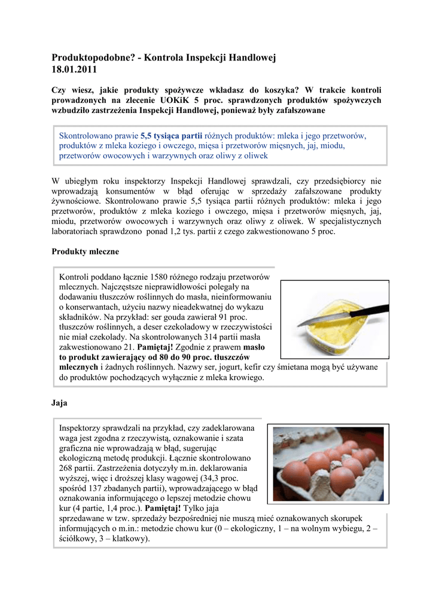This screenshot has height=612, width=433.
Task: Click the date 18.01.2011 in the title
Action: (74, 69)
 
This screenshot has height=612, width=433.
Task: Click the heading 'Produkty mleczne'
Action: (86, 252)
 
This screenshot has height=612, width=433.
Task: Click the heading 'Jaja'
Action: (60, 403)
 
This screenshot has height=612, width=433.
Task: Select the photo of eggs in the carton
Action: (328, 464)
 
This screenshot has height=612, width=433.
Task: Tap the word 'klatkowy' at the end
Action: (129, 538)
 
